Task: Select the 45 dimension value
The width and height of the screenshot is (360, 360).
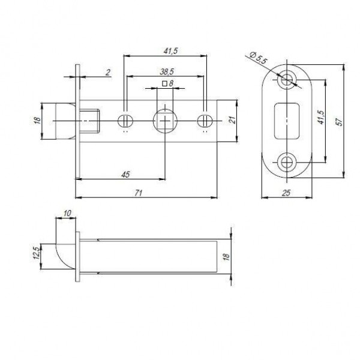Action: (125, 173)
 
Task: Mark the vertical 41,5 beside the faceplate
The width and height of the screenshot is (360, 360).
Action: (320, 118)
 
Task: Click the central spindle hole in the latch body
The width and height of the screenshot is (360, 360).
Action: (164, 120)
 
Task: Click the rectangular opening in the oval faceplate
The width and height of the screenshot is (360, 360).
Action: (287, 119)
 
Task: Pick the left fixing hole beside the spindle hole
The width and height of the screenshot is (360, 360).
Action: (126, 119)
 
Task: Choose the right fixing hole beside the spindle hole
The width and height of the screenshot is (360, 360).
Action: (203, 119)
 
